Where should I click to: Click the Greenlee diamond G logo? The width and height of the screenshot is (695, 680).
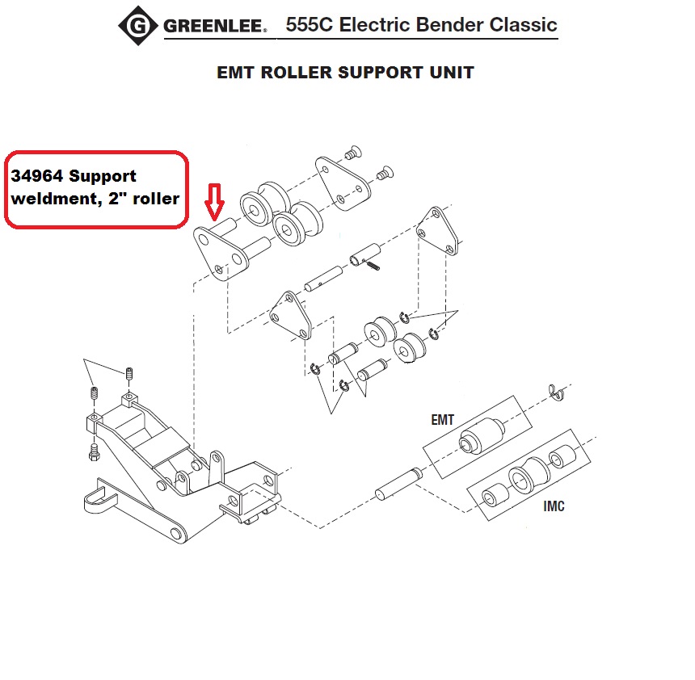point(139,27)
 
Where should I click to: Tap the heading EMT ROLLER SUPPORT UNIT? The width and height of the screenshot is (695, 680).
point(345,72)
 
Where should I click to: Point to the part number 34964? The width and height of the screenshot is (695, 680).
point(37,176)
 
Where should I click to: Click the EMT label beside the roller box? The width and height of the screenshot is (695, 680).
point(442,420)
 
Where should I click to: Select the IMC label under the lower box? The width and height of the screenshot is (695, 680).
point(554,506)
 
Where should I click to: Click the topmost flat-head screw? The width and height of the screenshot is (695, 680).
point(352,151)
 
